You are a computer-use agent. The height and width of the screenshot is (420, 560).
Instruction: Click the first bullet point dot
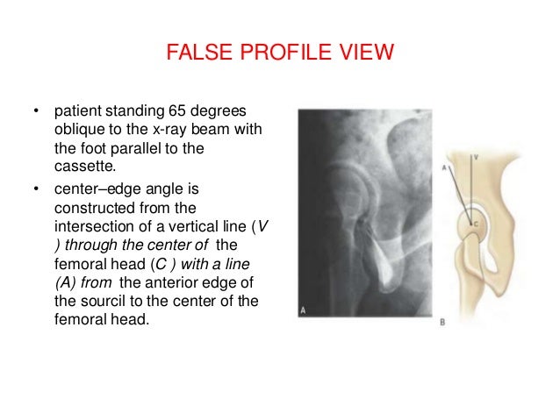pyautogui.click(x=36, y=113)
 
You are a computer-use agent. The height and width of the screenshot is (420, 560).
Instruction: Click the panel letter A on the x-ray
pyautogui.click(x=304, y=310)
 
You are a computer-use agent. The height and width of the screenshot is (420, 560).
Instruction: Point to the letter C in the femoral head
pyautogui.click(x=477, y=224)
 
